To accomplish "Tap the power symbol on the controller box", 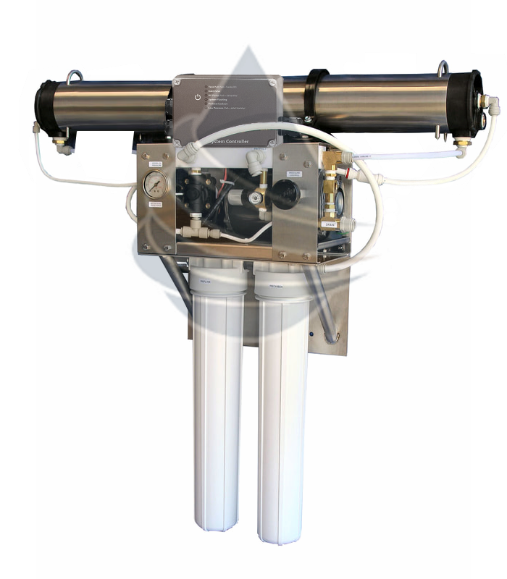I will [x=198, y=97].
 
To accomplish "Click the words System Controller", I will [x=236, y=142].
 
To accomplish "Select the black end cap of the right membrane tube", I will [x=474, y=103].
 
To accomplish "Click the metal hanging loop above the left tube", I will [x=74, y=75].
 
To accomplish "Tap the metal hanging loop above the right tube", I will [x=443, y=69].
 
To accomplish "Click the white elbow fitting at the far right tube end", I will [x=492, y=106].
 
